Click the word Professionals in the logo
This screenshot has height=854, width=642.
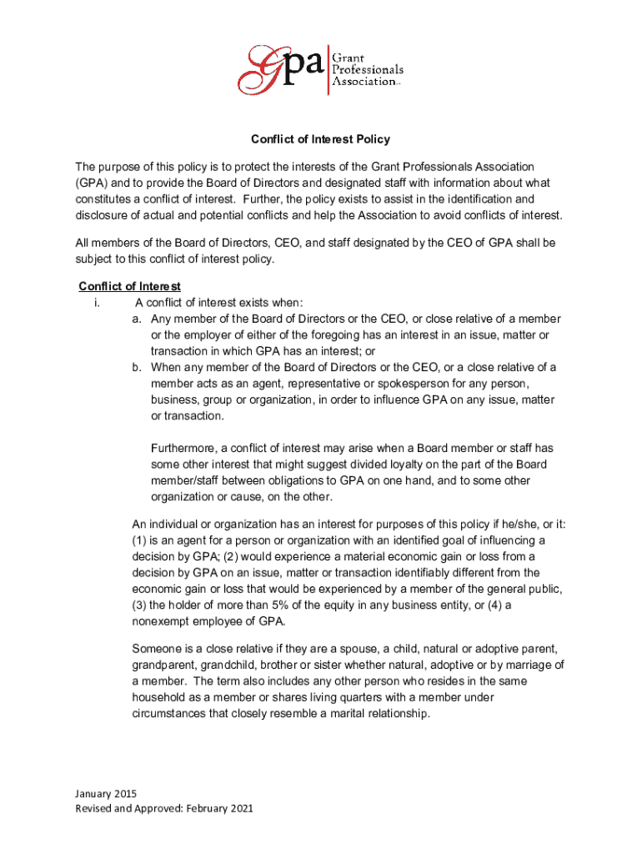click(369, 66)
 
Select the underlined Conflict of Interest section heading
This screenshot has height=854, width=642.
click(129, 286)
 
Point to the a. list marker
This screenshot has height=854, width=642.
click(138, 319)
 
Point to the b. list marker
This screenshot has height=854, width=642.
click(138, 367)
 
